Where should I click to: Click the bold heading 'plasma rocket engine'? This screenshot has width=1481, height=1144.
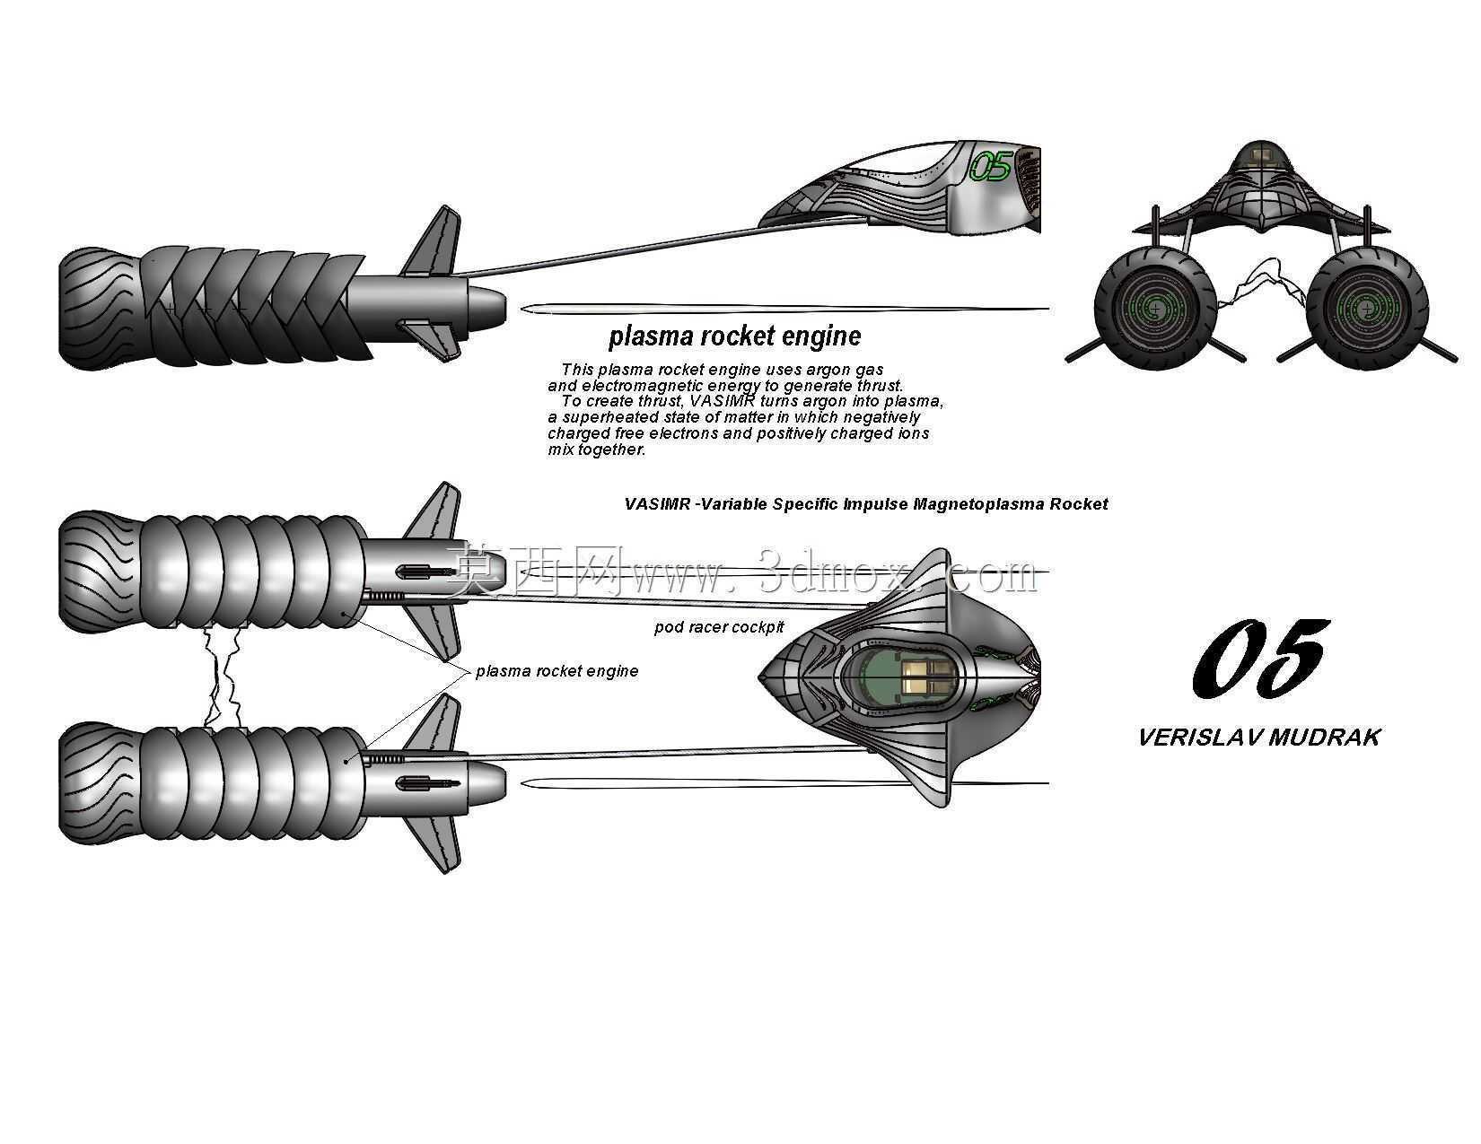pos(734,336)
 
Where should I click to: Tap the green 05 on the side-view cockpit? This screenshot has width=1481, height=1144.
pos(990,166)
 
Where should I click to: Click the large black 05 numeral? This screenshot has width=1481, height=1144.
pos(1260,658)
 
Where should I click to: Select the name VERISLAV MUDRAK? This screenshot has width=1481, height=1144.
pos(1258,738)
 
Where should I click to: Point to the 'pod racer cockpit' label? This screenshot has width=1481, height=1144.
pos(719,627)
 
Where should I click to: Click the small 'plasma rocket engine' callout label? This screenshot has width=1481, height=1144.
pos(556,671)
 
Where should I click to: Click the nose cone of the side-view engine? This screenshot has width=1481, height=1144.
pos(486,304)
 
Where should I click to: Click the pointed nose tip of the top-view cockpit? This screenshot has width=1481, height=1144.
pos(759,677)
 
